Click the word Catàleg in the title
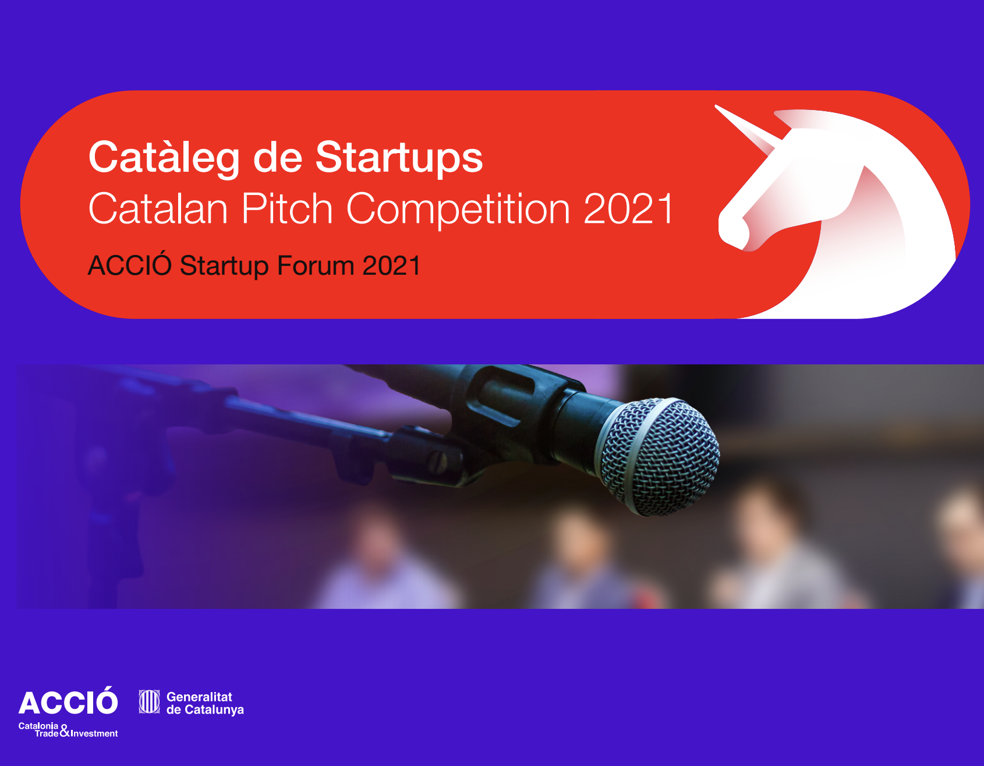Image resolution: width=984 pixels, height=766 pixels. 164,158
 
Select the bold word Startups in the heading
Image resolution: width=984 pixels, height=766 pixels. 399,158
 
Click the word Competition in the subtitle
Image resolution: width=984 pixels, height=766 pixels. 458,210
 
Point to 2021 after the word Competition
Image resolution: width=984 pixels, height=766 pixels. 628,208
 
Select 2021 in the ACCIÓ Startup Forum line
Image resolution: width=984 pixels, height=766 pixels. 391,265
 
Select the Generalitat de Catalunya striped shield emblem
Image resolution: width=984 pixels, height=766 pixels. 149,702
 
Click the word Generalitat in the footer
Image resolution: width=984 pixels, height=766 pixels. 199,697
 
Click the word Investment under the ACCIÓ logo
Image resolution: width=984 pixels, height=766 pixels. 94,733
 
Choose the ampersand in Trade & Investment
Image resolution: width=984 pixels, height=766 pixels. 65,731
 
